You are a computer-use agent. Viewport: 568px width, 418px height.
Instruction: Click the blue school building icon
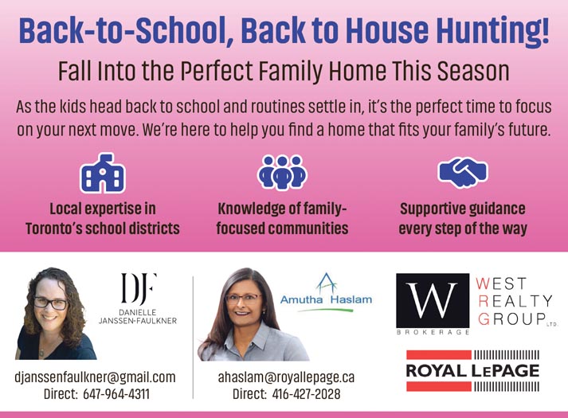coord(103,173)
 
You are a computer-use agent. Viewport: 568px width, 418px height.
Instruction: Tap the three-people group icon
coord(282,173)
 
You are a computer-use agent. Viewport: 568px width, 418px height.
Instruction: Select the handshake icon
coord(463,172)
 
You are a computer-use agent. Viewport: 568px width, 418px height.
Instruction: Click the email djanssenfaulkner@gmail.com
coord(95,377)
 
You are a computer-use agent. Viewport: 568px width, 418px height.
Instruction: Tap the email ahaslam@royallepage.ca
coord(286,377)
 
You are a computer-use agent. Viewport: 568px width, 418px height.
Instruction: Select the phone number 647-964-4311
coord(116,394)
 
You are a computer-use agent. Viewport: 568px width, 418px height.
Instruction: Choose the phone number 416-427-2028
coord(306,394)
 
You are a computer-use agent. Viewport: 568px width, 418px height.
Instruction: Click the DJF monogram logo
coord(139,288)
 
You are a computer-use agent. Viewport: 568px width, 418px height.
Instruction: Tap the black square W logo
coord(433,300)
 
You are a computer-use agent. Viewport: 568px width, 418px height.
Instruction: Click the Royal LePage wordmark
coord(472,370)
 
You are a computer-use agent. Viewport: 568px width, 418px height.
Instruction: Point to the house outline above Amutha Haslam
coord(327,283)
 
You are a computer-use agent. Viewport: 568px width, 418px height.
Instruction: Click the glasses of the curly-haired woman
coord(51,303)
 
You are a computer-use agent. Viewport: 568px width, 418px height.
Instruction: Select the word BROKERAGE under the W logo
coord(433,332)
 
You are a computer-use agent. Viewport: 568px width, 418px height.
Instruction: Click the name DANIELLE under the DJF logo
coord(138,312)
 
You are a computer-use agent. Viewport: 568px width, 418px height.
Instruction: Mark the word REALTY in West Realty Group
coord(515,301)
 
